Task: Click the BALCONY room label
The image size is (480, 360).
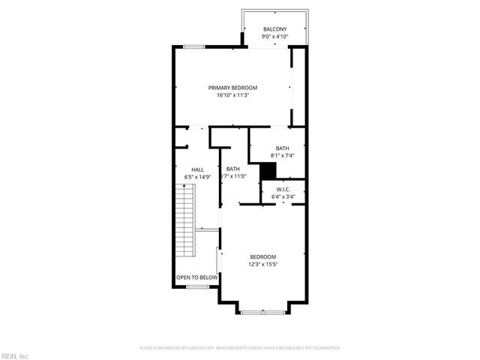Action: click(274, 29)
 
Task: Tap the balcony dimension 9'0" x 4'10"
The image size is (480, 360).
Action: click(274, 36)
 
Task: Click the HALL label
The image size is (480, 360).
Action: click(197, 169)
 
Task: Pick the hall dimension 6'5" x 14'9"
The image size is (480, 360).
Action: click(198, 177)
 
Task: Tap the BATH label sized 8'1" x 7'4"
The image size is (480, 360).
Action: click(282, 148)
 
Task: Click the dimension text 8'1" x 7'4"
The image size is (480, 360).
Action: click(282, 155)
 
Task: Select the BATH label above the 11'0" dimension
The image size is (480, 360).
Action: click(233, 169)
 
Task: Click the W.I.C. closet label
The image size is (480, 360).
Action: click(283, 189)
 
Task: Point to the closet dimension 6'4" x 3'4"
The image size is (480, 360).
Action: click(283, 196)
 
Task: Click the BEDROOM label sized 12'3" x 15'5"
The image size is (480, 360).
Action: click(262, 256)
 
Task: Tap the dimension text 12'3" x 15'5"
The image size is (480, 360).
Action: click(262, 264)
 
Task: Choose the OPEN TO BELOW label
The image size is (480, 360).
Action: click(196, 277)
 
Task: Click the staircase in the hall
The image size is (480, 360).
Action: click(184, 221)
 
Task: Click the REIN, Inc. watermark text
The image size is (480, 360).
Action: click(15, 355)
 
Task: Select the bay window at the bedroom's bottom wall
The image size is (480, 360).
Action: click(262, 309)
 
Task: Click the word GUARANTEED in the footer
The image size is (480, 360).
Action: click(327, 348)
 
